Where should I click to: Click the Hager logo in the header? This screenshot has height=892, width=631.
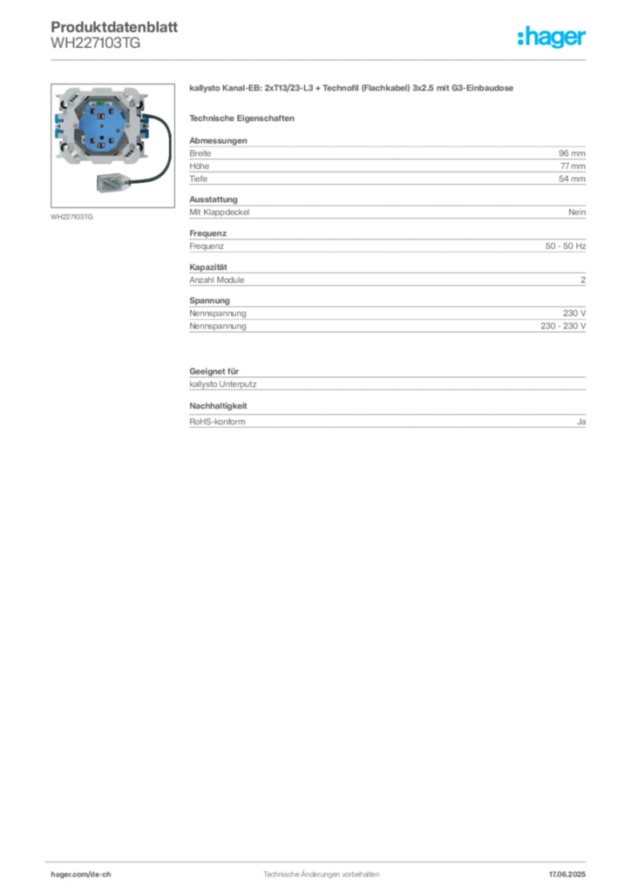click(552, 37)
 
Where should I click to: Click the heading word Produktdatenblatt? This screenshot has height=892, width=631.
click(114, 27)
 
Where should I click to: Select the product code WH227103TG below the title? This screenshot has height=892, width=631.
click(96, 43)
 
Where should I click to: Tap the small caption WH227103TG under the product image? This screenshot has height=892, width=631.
click(71, 217)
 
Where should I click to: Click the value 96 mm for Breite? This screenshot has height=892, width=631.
click(572, 153)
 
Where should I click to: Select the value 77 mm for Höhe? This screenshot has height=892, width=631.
click(573, 166)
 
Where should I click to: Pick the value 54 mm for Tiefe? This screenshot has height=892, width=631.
click(572, 179)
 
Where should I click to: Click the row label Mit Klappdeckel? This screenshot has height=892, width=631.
click(220, 213)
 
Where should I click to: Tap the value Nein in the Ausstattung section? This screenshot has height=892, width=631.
click(577, 213)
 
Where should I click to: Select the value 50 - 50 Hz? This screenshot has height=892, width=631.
click(566, 246)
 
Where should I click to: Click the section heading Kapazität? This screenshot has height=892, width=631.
click(208, 267)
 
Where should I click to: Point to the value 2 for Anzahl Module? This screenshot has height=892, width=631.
click(583, 280)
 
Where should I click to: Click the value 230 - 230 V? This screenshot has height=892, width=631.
click(563, 326)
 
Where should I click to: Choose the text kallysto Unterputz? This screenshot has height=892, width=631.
click(223, 384)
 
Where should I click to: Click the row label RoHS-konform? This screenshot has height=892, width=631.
click(217, 422)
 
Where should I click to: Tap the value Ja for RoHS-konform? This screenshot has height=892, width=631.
click(581, 422)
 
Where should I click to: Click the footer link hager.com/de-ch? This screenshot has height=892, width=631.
click(81, 875)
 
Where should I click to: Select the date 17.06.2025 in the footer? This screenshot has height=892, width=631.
click(567, 875)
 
